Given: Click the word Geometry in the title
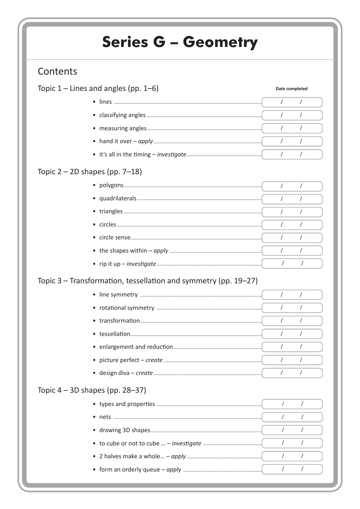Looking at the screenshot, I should click(x=220, y=42).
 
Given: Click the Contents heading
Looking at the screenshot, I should click(x=57, y=71).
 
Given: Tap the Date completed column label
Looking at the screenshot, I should click(x=291, y=89).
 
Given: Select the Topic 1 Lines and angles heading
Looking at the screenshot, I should click(x=98, y=88).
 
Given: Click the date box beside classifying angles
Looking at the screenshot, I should click(x=292, y=115).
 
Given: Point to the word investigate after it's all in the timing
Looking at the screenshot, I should click(x=172, y=155).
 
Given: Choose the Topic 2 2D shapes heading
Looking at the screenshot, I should click(x=89, y=172).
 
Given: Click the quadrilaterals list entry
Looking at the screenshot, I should click(x=117, y=198).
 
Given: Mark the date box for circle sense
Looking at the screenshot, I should click(x=292, y=237).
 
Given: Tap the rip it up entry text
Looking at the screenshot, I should click(x=127, y=264).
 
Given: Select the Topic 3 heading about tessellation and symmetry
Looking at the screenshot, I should click(x=147, y=281).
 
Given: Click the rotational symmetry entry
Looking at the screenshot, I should click(x=127, y=308).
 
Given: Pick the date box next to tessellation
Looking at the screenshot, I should click(x=292, y=334).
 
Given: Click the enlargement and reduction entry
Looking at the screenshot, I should click(x=136, y=347).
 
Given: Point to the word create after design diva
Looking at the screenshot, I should click(x=144, y=373).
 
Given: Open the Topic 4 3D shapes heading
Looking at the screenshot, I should click(x=92, y=390).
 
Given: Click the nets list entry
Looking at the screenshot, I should click(x=105, y=417).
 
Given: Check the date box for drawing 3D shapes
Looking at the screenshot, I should click(x=292, y=430).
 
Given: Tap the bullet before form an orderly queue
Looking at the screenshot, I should click(x=94, y=470).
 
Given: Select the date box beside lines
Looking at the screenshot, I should click(x=292, y=102).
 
